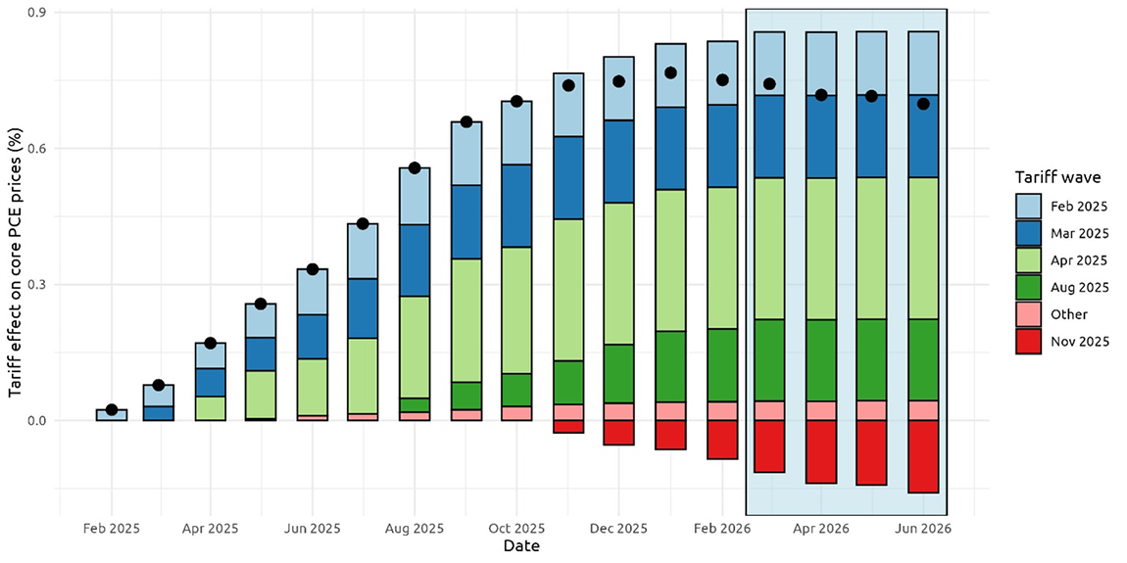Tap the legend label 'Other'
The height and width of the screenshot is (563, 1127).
(x=1067, y=314)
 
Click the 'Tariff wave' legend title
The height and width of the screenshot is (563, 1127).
(x=1057, y=177)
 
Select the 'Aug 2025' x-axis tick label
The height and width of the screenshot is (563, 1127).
(x=414, y=528)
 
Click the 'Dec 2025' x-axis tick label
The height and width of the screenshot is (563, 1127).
(x=618, y=528)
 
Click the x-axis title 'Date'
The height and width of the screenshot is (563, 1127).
(x=520, y=545)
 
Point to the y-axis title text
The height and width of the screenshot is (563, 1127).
(x=16, y=265)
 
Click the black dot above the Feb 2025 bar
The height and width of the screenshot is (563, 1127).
(x=112, y=409)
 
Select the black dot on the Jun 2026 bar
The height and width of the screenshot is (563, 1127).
(x=923, y=104)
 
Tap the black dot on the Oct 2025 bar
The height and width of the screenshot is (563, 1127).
(x=516, y=101)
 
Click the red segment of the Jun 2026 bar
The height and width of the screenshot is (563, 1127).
(x=923, y=456)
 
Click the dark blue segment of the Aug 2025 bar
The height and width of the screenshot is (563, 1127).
(x=415, y=260)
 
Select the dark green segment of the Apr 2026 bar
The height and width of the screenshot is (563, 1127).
(x=820, y=359)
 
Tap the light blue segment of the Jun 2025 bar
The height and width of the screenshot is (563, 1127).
(x=313, y=292)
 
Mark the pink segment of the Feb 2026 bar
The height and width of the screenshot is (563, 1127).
(x=722, y=410)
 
